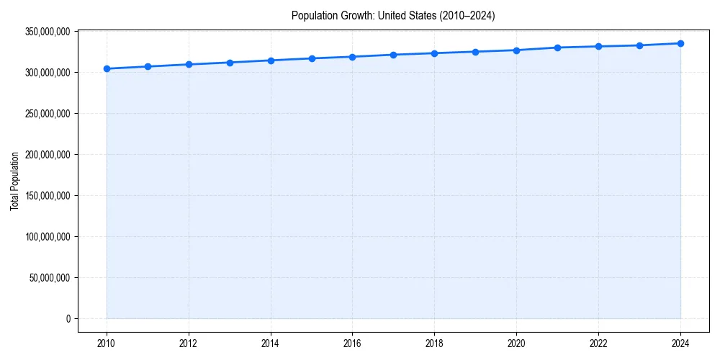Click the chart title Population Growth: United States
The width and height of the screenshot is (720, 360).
392,15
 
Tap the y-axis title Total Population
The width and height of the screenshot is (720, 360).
14,181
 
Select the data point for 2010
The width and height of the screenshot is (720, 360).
107,69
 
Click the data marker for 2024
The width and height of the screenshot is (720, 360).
680,43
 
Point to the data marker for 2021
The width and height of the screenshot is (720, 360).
557,48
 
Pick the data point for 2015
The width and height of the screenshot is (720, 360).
312,58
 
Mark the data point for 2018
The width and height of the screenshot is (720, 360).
434,53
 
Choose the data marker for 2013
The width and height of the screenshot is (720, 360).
230,63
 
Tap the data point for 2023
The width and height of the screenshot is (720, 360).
639,45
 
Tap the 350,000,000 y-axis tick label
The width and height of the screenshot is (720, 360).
47,32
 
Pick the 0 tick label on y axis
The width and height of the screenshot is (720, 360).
68,318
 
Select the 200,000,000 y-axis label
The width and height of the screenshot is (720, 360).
47,155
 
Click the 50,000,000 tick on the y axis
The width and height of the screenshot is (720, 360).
49,278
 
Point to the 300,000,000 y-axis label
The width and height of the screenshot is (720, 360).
47,73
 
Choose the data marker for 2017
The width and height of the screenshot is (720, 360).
393,55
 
